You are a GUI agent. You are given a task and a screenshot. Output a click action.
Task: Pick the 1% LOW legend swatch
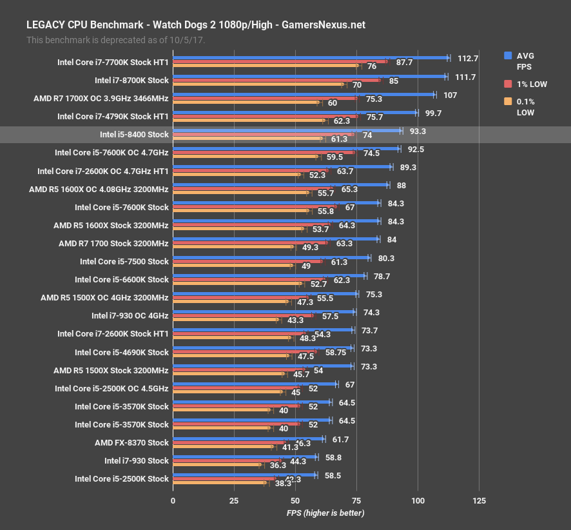508,84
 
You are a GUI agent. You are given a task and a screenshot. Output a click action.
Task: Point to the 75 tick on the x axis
356,501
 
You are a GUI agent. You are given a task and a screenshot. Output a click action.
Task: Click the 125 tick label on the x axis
479,501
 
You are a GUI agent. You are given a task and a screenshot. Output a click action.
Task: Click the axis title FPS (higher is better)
325,513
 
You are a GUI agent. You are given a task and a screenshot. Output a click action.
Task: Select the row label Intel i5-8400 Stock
134,135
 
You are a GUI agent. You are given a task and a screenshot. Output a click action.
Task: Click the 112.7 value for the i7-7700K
467,58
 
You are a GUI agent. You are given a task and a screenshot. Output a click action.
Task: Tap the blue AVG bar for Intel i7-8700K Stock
309,76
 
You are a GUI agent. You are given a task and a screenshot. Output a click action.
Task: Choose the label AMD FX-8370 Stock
131,442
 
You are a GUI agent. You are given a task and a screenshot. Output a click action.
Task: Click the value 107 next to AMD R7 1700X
450,94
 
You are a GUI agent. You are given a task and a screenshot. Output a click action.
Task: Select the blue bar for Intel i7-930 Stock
245,456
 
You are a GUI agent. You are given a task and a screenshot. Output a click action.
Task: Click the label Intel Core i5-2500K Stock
121,478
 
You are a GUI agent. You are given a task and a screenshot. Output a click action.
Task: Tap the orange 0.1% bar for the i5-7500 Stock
232,265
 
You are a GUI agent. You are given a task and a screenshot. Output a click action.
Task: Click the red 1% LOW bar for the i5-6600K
251,279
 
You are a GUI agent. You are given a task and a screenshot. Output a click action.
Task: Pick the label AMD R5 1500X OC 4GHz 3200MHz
104,297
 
